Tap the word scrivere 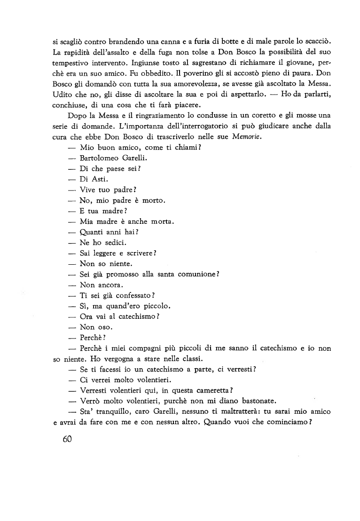[139, 253]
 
